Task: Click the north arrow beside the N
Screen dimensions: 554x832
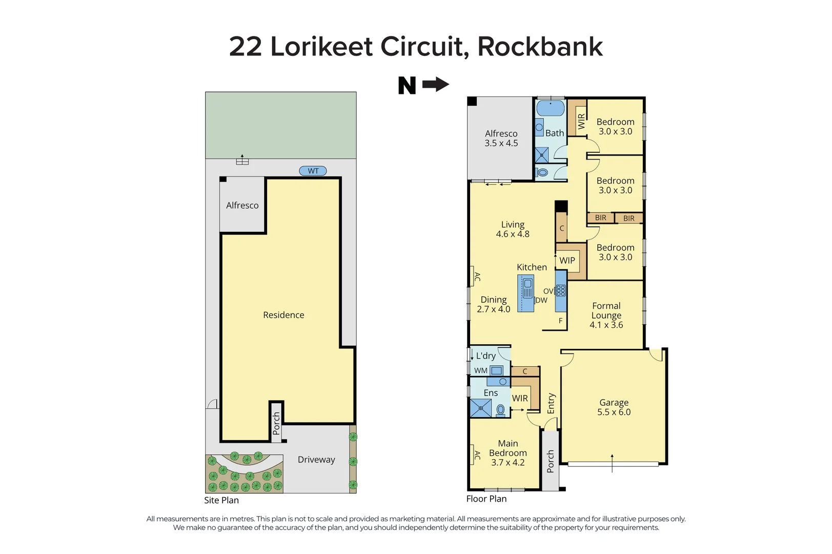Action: [435, 84]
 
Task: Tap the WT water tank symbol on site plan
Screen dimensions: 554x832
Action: [313, 171]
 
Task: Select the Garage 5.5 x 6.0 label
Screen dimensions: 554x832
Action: [614, 407]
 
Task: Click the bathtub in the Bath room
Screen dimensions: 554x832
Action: [550, 108]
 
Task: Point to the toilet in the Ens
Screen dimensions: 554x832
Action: [501, 409]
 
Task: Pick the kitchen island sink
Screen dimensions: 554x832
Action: [527, 284]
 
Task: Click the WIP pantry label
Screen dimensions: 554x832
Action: [567, 260]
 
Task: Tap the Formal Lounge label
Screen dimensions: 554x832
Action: [606, 315]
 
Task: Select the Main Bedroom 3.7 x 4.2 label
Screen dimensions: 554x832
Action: [508, 452]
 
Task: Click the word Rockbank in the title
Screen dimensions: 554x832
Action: [540, 47]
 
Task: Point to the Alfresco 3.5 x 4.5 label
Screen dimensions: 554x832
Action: [501, 138]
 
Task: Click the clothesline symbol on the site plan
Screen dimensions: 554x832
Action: [242, 161]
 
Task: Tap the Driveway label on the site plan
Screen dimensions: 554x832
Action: [316, 460]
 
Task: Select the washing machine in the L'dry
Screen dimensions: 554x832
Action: [496, 370]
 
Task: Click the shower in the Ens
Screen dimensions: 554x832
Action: [481, 408]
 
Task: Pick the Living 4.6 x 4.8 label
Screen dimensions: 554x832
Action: [512, 229]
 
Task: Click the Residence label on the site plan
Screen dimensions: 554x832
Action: [283, 315]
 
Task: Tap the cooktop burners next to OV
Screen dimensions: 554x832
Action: [561, 291]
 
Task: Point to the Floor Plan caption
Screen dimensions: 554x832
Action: [486, 499]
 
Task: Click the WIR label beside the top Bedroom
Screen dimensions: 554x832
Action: [581, 122]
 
